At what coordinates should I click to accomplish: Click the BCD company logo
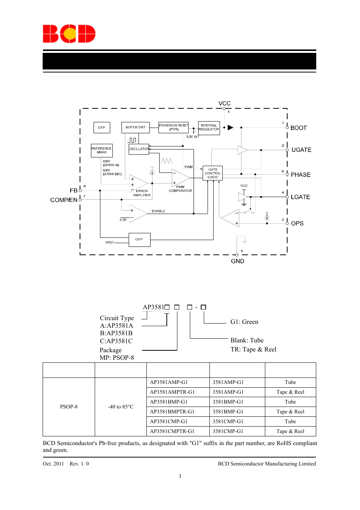tap(69, 34)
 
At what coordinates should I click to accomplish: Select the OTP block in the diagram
tap(102, 128)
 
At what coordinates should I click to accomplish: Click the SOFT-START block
tap(135, 128)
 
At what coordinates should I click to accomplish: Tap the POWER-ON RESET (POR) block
tap(174, 127)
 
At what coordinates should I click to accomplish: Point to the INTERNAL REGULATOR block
tap(209, 128)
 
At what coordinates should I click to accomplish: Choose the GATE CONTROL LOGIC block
tap(213, 173)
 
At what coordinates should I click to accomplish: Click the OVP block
tap(139, 239)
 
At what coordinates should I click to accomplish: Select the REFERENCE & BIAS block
tap(102, 150)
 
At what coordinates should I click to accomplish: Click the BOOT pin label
tap(298, 128)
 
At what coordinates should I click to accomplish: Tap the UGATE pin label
tap(301, 150)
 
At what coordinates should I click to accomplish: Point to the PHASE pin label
tap(300, 175)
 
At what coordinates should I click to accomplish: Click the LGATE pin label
tap(300, 197)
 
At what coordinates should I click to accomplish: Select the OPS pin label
tap(297, 223)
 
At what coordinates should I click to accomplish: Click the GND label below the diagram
tap(237, 261)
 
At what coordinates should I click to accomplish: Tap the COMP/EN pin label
tap(64, 200)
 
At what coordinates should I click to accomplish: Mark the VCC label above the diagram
tap(224, 103)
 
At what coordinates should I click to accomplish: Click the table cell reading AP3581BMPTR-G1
tap(172, 411)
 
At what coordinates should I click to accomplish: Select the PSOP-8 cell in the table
tap(69, 407)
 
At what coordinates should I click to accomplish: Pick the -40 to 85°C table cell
tap(120, 407)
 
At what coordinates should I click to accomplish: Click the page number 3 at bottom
tap(180, 476)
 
